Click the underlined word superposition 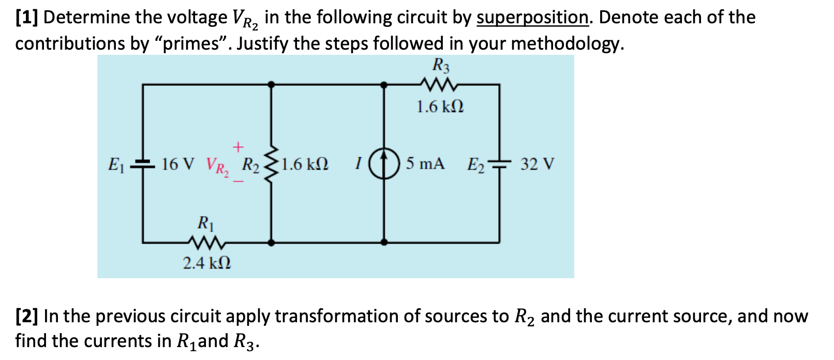pyautogui.click(x=532, y=18)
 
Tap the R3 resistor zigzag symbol pyautogui.click(x=438, y=84)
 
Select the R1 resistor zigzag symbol pyautogui.click(x=206, y=242)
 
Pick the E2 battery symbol pyautogui.click(x=499, y=164)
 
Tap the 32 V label pyautogui.click(x=537, y=164)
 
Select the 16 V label pyautogui.click(x=178, y=164)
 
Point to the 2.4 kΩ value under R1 pyautogui.click(x=207, y=263)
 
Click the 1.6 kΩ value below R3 pyautogui.click(x=440, y=107)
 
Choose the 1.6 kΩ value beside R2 pyautogui.click(x=305, y=164)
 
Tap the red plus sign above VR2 pyautogui.click(x=237, y=147)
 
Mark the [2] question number pyautogui.click(x=26, y=316)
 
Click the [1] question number pyautogui.click(x=26, y=18)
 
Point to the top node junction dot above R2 pyautogui.click(x=271, y=84)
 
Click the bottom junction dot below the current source pyautogui.click(x=384, y=242)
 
